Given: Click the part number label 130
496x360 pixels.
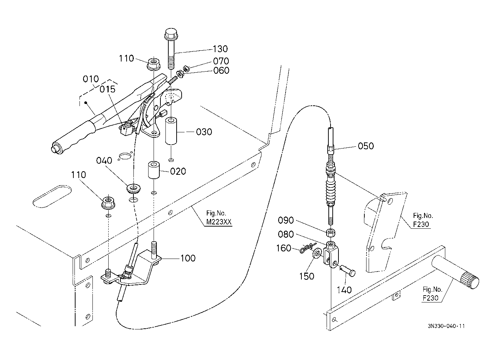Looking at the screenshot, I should (x=220, y=49).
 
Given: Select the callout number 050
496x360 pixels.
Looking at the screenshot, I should (x=366, y=146).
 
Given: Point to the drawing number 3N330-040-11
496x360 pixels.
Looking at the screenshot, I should (x=446, y=326).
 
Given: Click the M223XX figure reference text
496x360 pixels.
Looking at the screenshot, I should (x=219, y=223).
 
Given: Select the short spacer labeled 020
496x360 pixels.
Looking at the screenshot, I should (x=154, y=170).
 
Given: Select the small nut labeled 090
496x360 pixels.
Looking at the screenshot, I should (x=331, y=233).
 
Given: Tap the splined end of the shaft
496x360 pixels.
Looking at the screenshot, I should (x=470, y=281).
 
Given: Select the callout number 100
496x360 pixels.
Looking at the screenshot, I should (x=188, y=258).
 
